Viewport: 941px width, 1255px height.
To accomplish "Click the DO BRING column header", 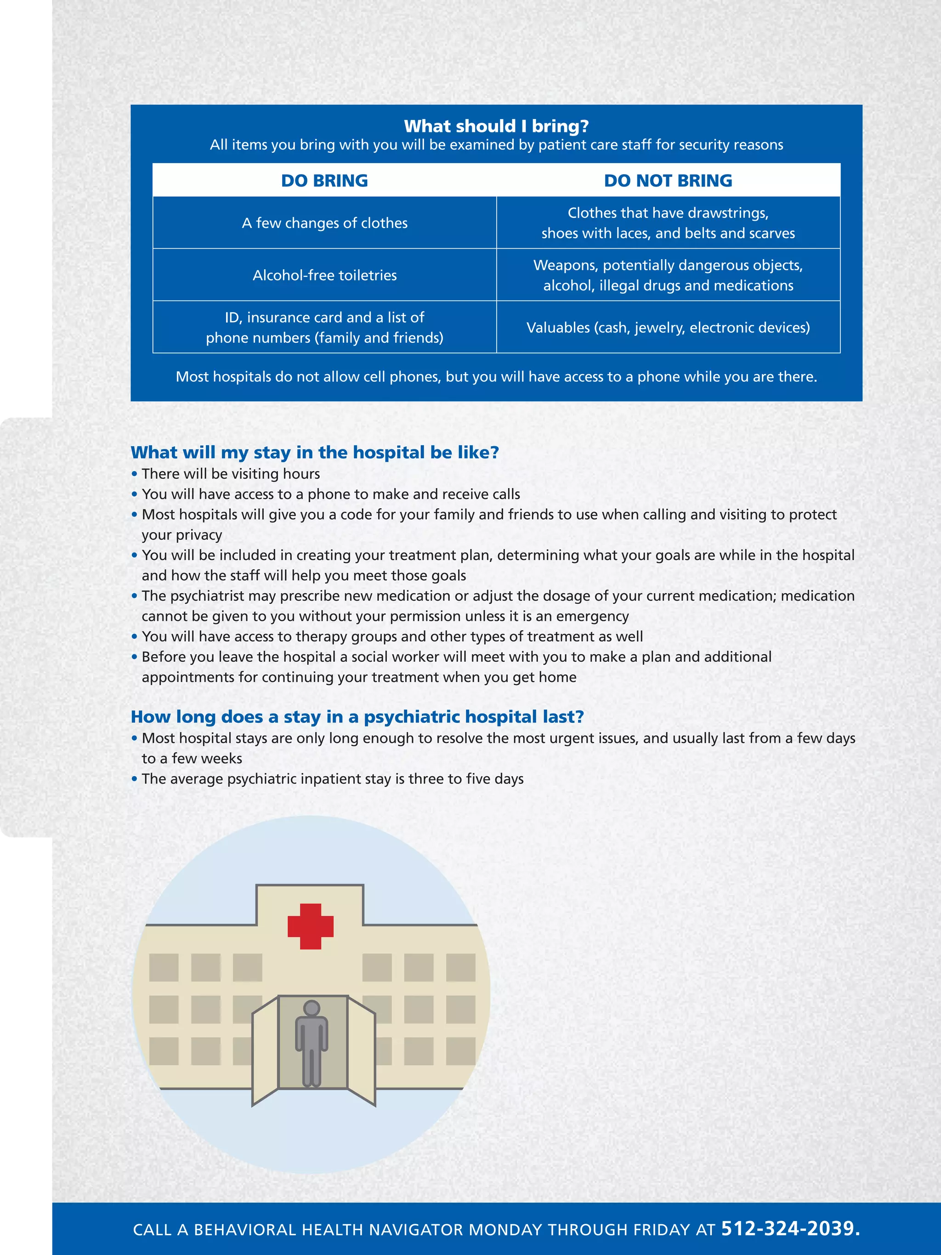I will point(324,181).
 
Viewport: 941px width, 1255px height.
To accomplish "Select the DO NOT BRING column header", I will point(668,181).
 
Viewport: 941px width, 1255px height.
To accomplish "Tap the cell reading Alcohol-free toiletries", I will point(324,275).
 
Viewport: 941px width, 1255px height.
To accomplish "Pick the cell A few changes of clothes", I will point(324,223).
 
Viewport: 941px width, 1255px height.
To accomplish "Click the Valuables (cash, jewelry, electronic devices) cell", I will point(668,327).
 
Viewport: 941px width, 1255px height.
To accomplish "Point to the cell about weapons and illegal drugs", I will point(668,275).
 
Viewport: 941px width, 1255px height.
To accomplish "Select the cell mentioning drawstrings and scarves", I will point(668,223).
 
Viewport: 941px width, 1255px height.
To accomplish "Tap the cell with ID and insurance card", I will point(324,327).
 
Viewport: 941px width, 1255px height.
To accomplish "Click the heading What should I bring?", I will point(496,126).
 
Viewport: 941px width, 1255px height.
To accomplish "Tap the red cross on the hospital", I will point(310,926).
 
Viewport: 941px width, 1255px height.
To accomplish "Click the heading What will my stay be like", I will point(315,452).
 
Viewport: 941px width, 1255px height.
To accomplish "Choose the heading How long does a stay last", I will point(357,716).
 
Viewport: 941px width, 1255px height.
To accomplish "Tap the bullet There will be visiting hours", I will point(230,474).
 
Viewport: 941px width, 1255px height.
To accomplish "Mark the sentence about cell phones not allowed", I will point(496,377).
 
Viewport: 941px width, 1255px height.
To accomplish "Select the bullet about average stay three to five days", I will point(332,779).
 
